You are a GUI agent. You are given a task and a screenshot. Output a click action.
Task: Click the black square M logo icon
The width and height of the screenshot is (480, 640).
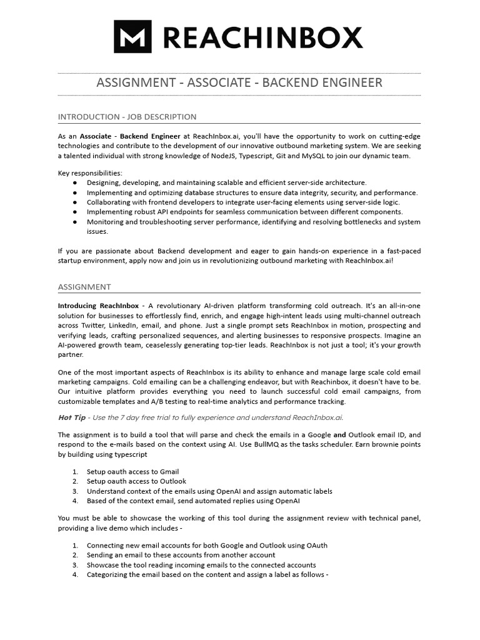[x=132, y=36]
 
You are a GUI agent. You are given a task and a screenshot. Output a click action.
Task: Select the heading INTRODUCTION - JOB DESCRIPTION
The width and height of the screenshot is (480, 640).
[x=127, y=117]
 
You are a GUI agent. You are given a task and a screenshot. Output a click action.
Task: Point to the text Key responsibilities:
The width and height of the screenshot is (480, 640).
[x=90, y=172]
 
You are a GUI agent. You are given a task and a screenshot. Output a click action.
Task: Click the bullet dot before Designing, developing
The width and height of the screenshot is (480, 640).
[x=75, y=182]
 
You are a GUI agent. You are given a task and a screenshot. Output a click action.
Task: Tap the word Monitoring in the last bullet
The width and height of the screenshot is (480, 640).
[x=106, y=222]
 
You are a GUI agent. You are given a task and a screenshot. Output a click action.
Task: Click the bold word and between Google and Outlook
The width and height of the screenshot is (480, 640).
[x=339, y=434]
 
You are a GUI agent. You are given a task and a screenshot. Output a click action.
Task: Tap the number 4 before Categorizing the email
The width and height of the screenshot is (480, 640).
[x=74, y=574]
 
